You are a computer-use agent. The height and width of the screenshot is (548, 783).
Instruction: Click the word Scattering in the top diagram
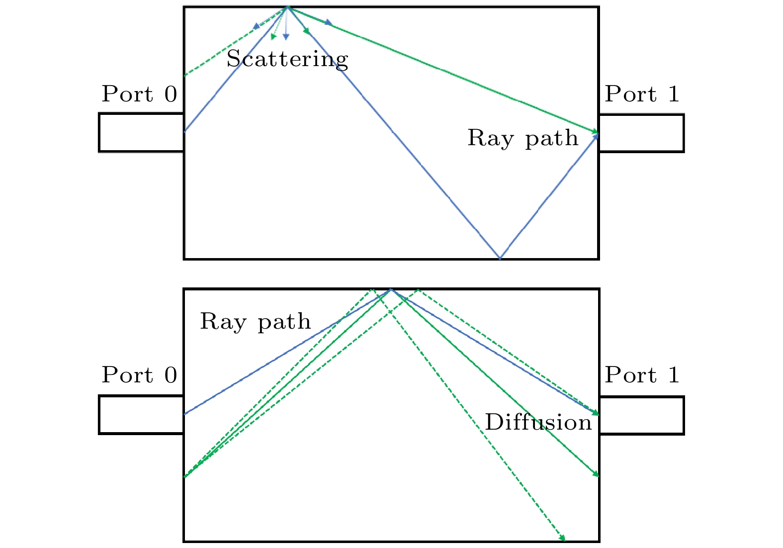point(287,59)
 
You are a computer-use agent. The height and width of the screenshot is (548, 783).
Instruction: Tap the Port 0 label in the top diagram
point(139,94)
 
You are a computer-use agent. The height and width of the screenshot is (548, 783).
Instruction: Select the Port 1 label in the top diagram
point(642,94)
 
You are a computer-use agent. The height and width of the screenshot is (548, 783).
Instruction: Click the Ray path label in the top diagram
point(523,138)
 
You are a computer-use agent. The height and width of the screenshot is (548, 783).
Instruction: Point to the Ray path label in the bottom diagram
point(255,322)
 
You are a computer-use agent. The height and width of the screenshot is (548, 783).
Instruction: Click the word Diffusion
point(538,423)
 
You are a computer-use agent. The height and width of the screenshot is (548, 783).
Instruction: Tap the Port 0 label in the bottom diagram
point(139,375)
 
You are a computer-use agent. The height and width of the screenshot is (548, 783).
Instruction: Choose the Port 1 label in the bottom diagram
point(642,375)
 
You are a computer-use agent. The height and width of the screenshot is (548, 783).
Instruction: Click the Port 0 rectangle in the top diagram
point(142,132)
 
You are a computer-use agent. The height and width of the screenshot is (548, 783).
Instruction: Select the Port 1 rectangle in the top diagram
point(641,133)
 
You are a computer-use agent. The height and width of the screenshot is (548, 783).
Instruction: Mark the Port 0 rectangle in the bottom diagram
point(142,415)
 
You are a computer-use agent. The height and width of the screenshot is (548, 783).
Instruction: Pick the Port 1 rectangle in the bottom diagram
point(641,415)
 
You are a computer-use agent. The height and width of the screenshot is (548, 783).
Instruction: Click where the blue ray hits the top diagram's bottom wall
point(500,258)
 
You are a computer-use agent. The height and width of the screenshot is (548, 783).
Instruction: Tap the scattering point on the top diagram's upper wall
point(288,7)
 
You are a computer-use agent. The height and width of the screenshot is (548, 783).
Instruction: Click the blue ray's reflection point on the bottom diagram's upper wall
point(391,289)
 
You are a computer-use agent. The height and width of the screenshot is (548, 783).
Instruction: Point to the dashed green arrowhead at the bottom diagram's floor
point(563,538)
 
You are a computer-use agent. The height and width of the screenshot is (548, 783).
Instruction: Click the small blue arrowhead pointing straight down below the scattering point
point(286,37)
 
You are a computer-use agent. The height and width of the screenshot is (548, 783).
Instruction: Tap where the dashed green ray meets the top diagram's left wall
point(185,76)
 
